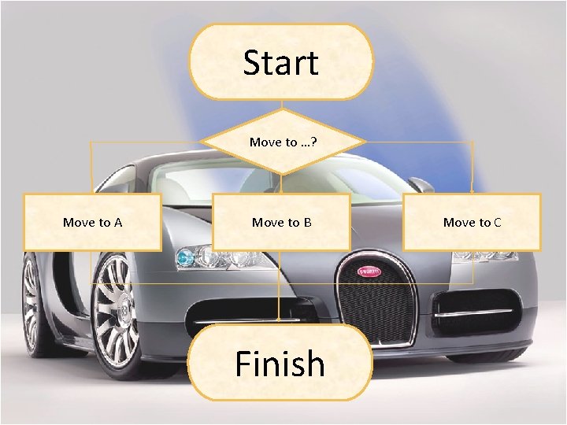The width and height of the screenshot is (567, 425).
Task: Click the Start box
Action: tap(280, 62)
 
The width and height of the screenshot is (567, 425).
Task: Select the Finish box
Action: tap(280, 363)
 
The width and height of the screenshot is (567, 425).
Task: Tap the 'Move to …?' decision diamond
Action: tap(283, 142)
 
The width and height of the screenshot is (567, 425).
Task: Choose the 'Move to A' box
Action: tap(92, 222)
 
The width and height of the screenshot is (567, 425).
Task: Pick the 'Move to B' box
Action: tap(281, 222)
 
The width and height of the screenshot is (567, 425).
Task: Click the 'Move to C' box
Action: tap(472, 222)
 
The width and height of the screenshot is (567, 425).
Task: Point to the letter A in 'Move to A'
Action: tap(117, 223)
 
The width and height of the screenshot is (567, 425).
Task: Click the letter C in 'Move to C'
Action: tap(497, 223)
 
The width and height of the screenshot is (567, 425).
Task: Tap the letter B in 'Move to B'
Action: tap(307, 223)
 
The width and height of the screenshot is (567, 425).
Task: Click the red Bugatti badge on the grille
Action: tap(368, 272)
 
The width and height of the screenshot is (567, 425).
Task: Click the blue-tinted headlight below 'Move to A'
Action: tap(187, 257)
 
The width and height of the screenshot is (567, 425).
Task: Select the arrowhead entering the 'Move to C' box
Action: tap(472, 191)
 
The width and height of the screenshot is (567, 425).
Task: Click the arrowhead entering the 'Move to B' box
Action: tap(281, 191)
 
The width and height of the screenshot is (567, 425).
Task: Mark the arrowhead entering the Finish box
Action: tap(280, 320)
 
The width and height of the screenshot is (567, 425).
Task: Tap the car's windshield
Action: tap(236, 176)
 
